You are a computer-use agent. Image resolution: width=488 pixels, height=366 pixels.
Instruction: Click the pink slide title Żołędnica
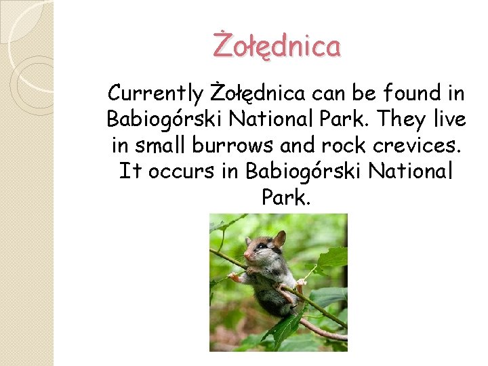pyautogui.click(x=277, y=47)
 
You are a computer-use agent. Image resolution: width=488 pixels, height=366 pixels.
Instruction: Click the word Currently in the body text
pyautogui.click(x=155, y=93)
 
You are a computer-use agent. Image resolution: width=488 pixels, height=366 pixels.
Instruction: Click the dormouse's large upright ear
pyautogui.click(x=279, y=238)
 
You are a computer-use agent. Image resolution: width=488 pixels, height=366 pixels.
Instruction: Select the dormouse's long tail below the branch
pyautogui.click(x=319, y=328)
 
